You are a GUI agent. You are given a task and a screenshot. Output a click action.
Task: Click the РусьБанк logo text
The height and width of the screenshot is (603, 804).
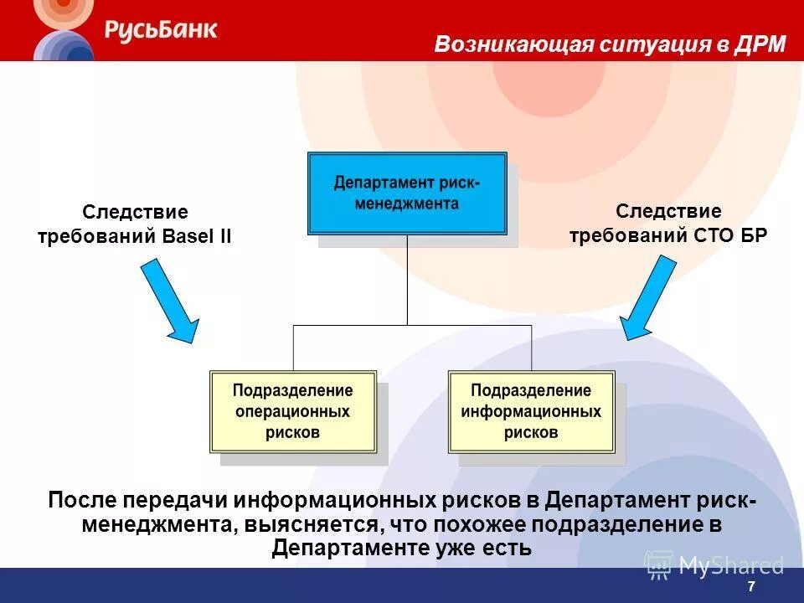point(161,30)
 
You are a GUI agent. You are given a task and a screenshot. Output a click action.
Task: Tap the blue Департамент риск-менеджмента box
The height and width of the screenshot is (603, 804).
point(407,193)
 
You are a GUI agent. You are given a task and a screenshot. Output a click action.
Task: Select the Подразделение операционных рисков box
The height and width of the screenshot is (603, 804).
point(292,411)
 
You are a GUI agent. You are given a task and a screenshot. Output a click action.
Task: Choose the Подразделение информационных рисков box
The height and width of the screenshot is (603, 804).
point(531,411)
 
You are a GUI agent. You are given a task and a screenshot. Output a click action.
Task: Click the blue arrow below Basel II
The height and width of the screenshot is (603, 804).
point(169,300)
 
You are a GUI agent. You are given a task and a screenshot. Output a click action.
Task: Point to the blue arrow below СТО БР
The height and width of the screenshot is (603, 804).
point(648,298)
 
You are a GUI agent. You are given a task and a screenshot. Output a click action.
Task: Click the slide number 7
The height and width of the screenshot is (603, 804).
point(751,587)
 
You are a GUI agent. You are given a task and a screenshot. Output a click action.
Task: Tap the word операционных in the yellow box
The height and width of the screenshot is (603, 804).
point(292,411)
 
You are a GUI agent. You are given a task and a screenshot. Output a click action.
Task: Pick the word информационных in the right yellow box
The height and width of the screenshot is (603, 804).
point(531,411)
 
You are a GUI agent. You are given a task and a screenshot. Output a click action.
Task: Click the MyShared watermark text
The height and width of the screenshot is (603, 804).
point(730,565)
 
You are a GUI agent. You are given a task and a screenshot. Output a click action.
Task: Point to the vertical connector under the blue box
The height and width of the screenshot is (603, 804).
point(407,280)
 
